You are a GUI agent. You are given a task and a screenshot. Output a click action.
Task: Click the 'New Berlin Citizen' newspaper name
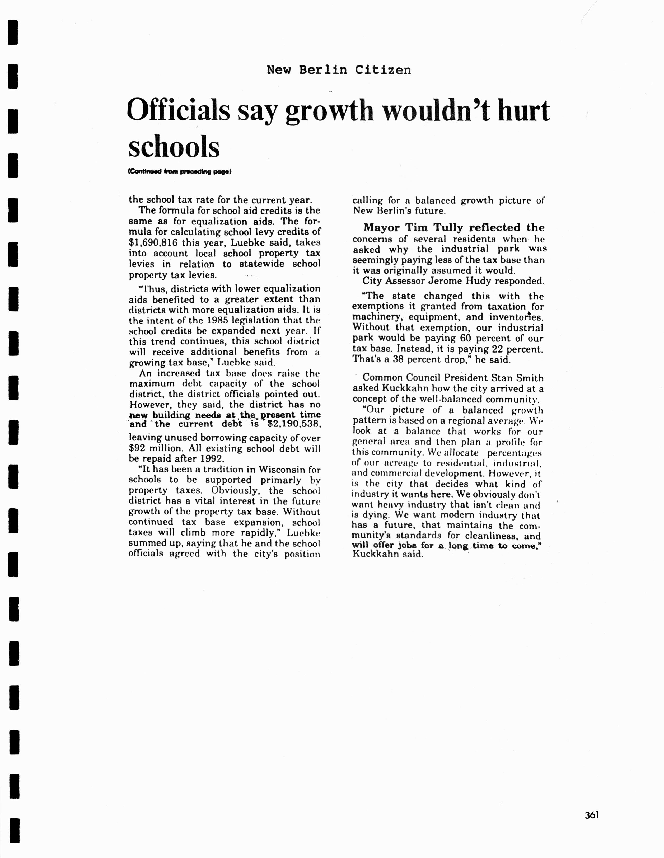339,70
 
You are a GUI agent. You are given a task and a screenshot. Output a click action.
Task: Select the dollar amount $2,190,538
294,424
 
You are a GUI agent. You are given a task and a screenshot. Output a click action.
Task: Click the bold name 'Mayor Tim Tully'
414,227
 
